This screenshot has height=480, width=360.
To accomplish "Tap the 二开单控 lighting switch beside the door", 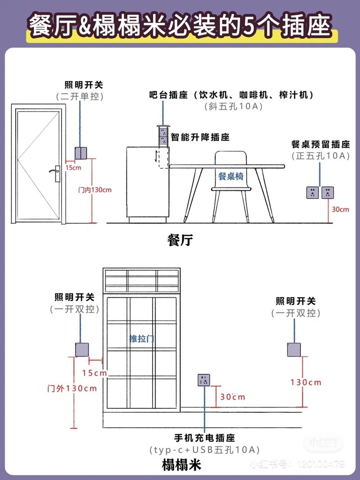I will [x=80, y=154].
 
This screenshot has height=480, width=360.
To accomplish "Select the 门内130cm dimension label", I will [x=94, y=190].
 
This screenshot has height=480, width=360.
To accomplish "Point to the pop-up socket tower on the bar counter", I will [x=163, y=135].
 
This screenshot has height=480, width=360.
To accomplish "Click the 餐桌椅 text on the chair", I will [x=231, y=176].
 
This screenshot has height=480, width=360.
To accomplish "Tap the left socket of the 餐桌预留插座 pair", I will [x=312, y=193].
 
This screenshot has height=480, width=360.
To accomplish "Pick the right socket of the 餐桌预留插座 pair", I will [x=327, y=193].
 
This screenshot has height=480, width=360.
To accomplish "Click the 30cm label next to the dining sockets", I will [x=340, y=209].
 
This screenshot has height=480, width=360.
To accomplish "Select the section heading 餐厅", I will [x=180, y=240].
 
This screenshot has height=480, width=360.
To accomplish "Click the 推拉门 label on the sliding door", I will [x=142, y=339].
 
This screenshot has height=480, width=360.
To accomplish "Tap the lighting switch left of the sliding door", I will [x=82, y=349].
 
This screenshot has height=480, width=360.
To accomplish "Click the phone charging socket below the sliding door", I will [x=204, y=380].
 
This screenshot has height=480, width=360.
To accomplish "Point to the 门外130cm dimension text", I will [x=72, y=388].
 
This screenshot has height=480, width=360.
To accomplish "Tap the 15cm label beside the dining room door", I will [x=73, y=168].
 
